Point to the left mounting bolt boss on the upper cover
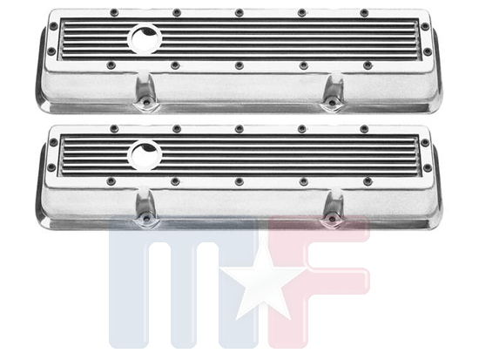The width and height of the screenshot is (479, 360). tap(145, 93)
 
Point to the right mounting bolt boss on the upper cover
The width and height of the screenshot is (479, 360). tap(332, 93)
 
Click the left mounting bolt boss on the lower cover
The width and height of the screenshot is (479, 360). tap(146, 208)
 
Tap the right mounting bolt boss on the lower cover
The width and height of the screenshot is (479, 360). tap(332, 209)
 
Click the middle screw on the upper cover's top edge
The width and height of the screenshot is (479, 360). tap(239, 12)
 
